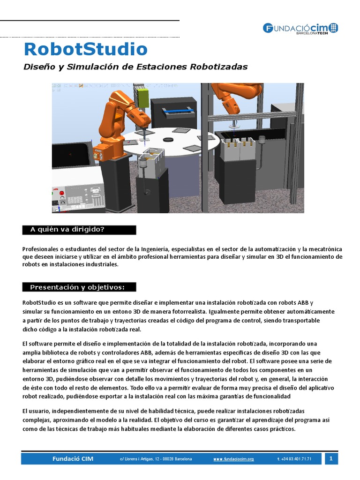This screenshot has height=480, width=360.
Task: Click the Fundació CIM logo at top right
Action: pyautogui.click(x=300, y=28)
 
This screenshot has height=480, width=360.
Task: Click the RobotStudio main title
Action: pyautogui.click(x=85, y=49)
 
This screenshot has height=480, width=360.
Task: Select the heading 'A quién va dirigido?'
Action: pyautogui.click(x=67, y=229)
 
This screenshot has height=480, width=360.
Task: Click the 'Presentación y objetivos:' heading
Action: pyautogui.click(x=78, y=287)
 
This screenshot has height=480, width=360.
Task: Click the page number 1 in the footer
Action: pyautogui.click(x=331, y=458)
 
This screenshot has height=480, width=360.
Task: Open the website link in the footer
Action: pyautogui.click(x=233, y=459)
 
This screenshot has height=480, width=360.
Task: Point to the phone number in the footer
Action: pyautogui.click(x=294, y=459)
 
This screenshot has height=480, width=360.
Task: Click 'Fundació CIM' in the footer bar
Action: pyautogui.click(x=73, y=459)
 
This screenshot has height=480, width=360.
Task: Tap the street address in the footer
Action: pyautogui.click(x=156, y=459)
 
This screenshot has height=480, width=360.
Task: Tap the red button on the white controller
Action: pyautogui.click(x=59, y=203)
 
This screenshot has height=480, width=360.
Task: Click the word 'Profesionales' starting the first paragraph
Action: pyautogui.click(x=40, y=248)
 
